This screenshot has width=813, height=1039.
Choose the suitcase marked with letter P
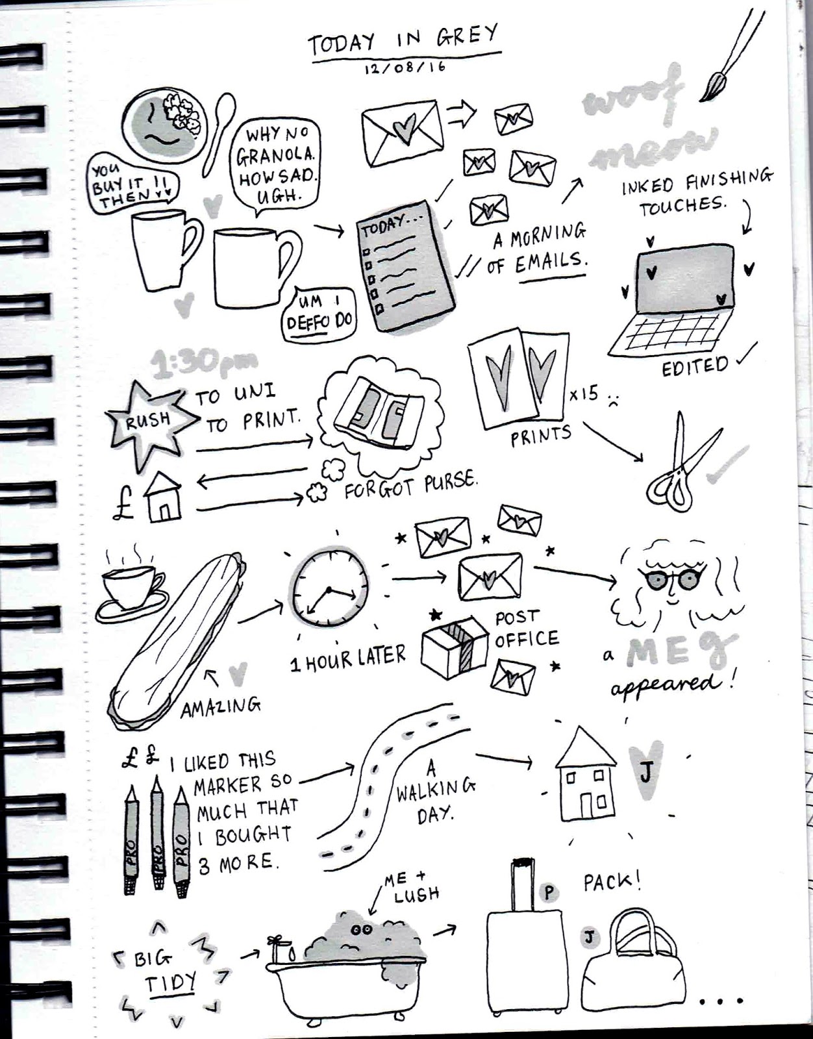pyautogui.click(x=523, y=955)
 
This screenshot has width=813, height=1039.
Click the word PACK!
pyautogui.click(x=612, y=882)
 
